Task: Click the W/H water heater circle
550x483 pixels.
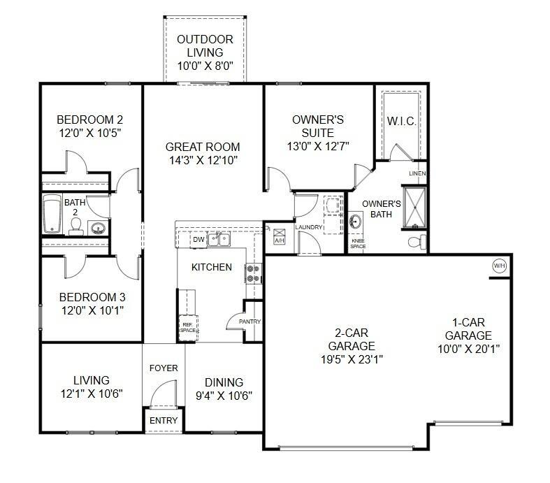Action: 500,266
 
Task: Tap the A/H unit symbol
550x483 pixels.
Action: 280,236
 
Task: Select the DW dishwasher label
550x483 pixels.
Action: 198,240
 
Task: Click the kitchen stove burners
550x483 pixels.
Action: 254,273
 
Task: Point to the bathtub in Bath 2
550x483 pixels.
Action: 52,214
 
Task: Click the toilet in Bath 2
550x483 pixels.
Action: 75,227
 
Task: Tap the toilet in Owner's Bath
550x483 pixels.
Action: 418,242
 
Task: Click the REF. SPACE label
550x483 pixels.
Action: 188,328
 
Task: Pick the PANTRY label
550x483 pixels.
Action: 249,322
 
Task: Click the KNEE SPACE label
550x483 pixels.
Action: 358,244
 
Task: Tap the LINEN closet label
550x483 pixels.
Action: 417,173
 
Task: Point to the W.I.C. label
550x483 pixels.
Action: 402,122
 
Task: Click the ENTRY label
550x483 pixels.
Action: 164,420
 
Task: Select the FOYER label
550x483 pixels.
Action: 164,368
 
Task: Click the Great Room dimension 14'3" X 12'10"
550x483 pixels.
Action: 203,160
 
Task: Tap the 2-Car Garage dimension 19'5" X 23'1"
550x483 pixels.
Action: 352,359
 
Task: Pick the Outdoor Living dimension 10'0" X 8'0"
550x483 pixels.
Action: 205,66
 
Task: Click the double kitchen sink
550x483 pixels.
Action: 219,240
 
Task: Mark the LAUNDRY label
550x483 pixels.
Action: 309,227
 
